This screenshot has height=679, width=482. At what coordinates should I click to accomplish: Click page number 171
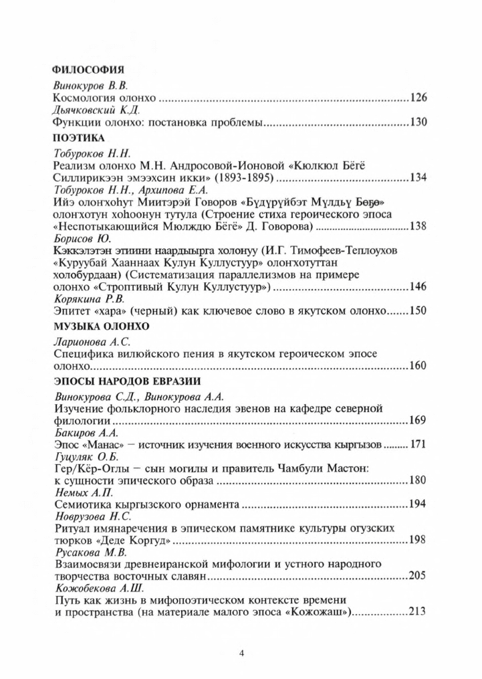[x=418, y=444]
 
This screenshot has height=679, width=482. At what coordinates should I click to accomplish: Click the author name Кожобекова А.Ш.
[x=90, y=587]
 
